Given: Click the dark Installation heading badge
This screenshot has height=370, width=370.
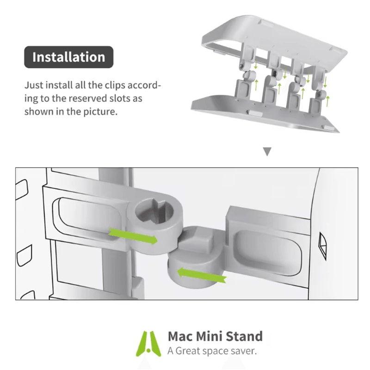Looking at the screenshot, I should tap(68, 57).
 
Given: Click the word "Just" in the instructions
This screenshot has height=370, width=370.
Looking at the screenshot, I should tap(33, 86).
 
